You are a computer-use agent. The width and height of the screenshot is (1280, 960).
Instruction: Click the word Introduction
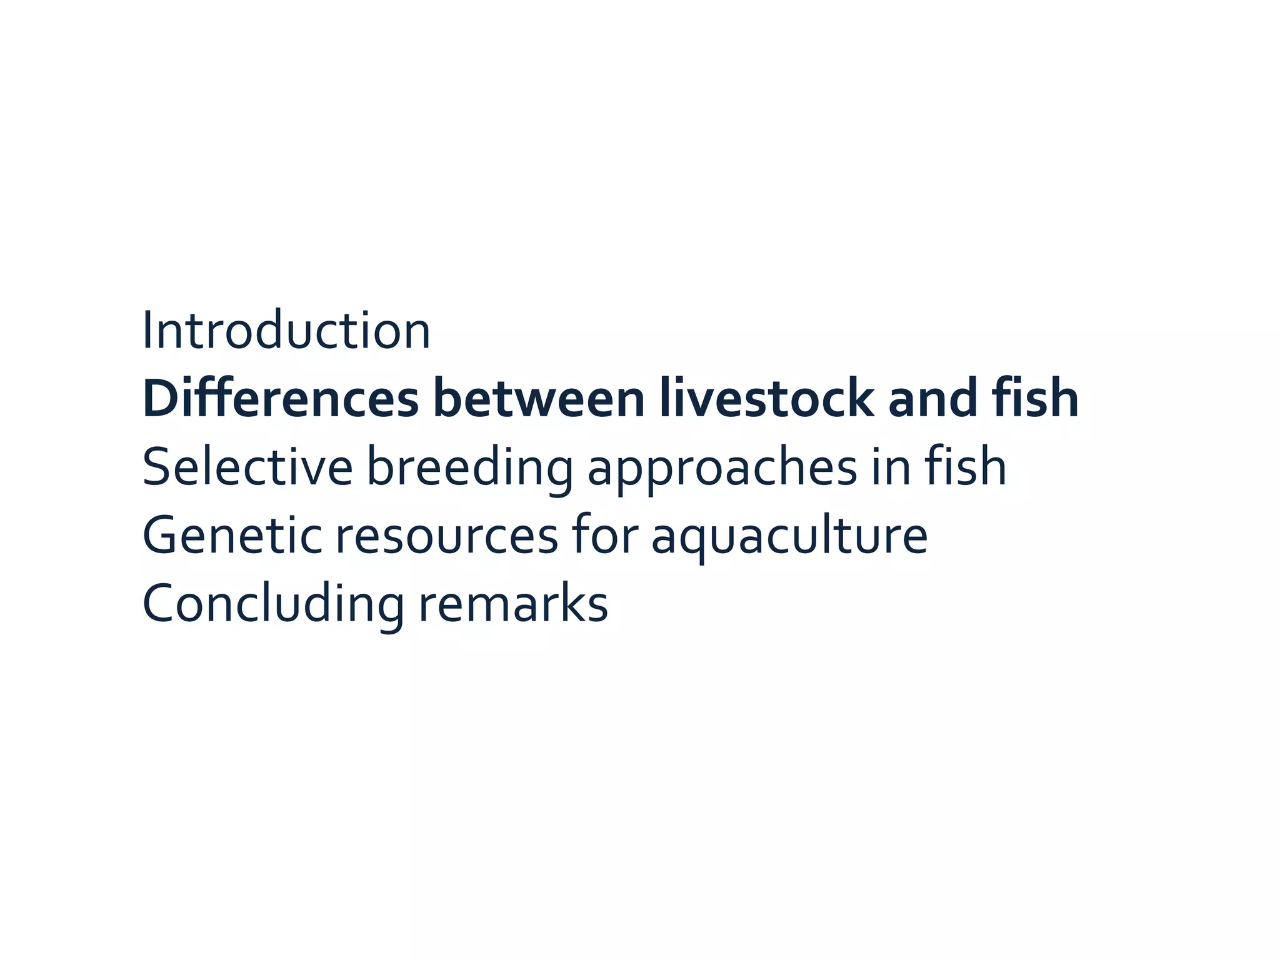point(286,331)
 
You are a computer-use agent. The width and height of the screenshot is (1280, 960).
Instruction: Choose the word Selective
point(247,467)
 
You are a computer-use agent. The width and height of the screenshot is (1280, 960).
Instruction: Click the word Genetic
point(232,536)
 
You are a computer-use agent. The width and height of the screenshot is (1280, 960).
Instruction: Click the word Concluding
point(273,605)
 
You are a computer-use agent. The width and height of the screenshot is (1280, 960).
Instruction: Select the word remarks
point(513,605)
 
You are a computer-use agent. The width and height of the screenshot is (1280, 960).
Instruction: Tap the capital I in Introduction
point(147,331)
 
